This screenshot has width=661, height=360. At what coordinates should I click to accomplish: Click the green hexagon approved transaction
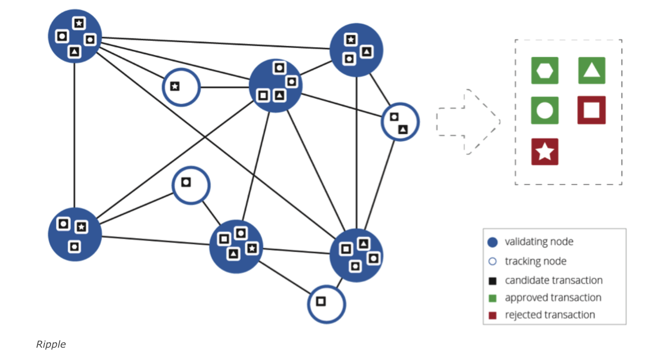545,70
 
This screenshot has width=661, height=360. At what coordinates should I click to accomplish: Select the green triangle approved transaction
591,70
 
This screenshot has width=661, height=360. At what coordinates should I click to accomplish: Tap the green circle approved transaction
545,110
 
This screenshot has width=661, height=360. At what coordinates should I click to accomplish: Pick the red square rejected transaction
591,110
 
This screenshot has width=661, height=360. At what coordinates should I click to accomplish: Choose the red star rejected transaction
545,152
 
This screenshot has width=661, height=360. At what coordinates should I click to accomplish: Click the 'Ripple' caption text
51,344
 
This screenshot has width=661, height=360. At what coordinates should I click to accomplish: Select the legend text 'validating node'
539,242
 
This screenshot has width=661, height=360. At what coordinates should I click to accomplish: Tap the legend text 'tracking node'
535,261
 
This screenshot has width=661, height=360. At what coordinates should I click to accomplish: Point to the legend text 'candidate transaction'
554,280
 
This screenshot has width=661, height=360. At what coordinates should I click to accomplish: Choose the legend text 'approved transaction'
553,298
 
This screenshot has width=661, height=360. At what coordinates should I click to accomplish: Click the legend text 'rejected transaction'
550,315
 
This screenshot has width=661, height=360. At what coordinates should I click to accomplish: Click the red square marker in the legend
492,316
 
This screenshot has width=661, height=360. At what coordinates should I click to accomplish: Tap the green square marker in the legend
492,298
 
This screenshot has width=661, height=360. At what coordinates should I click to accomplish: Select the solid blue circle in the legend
492,242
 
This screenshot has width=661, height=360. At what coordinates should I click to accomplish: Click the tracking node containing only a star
181,87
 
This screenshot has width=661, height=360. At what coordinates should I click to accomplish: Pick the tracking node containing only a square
327,304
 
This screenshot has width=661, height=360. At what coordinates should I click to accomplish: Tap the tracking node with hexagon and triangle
400,122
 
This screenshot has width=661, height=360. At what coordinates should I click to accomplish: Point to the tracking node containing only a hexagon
191,185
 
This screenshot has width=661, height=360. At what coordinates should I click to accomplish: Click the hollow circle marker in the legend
492,261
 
